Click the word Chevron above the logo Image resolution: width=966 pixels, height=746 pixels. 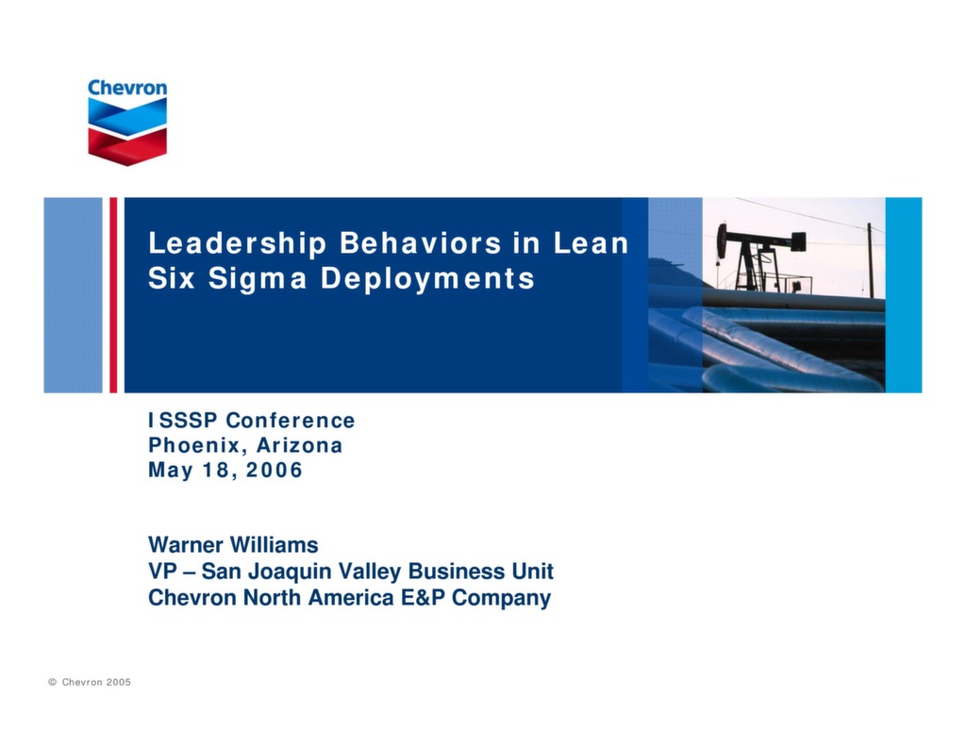[127, 88]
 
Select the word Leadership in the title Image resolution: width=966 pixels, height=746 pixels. [237, 244]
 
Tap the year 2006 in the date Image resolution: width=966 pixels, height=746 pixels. [275, 470]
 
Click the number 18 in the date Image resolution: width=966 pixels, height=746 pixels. [222, 470]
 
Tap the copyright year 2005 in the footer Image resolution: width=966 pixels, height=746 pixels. [118, 682]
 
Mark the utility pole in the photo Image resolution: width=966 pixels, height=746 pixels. [870, 260]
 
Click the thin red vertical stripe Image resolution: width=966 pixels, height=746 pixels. [113, 295]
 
